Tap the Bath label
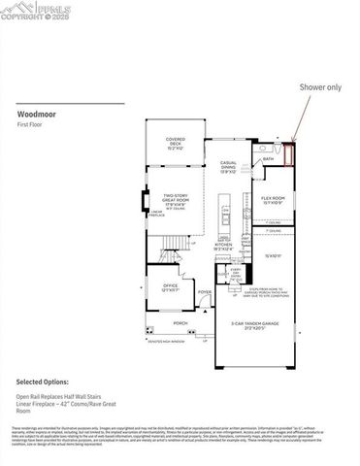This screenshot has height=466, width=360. pyautogui.click(x=268, y=158)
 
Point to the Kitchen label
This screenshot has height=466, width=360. pyautogui.click(x=223, y=247)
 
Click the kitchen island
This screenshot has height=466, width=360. pyautogui.click(x=225, y=214)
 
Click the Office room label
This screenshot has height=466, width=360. pyautogui.click(x=169, y=286)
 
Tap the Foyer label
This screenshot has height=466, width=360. pyautogui.click(x=205, y=291)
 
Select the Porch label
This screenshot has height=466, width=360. pyautogui.click(x=180, y=322)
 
